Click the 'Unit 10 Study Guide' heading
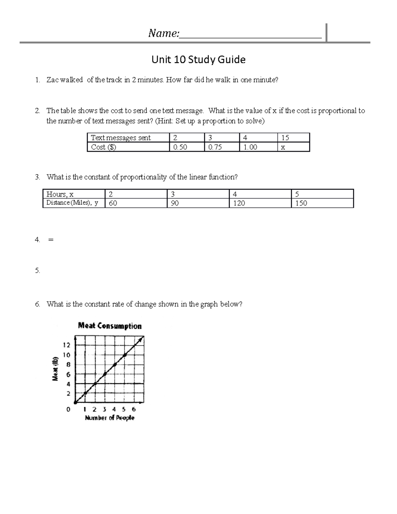click(x=198, y=60)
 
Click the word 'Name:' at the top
click(x=164, y=33)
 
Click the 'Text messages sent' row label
click(x=121, y=138)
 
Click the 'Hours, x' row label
click(x=60, y=194)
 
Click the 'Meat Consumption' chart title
click(x=110, y=326)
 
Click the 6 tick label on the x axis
click(x=134, y=409)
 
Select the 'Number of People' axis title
click(x=110, y=418)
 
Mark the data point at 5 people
click(x=125, y=355)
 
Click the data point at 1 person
click(x=85, y=393)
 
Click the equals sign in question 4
click(x=50, y=240)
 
